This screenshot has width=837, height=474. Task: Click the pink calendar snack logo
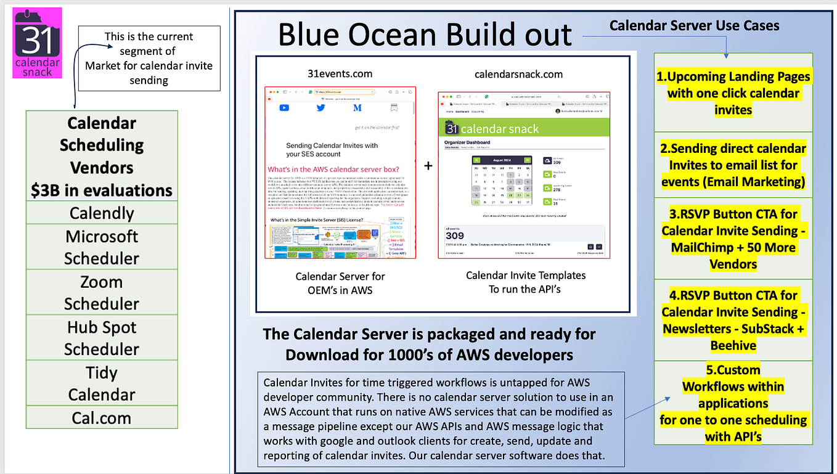pos(38,43)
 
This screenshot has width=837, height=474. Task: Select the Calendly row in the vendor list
pos(102,213)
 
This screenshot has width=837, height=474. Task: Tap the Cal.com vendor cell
pos(102,417)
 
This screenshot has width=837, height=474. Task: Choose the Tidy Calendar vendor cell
pos(102,383)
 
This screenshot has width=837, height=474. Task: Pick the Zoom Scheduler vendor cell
pos(102,292)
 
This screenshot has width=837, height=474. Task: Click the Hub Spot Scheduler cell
pos(102,338)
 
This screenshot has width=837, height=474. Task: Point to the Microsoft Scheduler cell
pos(102,247)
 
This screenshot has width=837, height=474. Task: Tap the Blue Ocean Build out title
pos(425,35)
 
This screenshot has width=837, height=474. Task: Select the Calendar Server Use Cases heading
pos(694,26)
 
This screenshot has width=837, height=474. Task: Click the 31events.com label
pos(340,74)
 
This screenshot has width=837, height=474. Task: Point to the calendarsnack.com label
pos(518,74)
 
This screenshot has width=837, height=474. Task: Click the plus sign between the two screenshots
pos(428,166)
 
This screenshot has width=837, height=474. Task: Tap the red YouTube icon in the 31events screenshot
pos(284,108)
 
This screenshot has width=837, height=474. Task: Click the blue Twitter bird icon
pos(321,108)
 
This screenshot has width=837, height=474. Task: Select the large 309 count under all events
pos(455,235)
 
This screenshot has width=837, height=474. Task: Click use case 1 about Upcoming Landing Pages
pos(733,93)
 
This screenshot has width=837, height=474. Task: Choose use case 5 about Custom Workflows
pos(733,403)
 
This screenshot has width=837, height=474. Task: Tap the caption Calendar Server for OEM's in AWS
pos(340,282)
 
